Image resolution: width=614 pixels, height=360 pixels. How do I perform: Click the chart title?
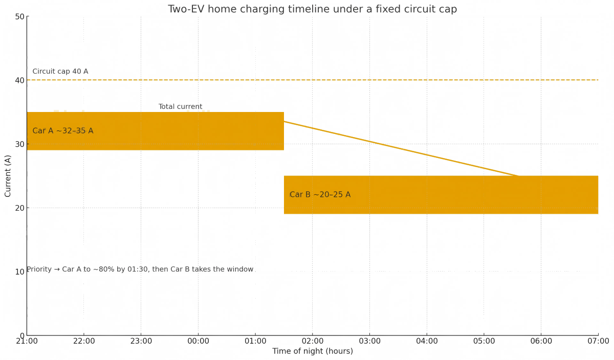312,9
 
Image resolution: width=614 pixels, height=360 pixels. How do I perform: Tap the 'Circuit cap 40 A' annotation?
60,72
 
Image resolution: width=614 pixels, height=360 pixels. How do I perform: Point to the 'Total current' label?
180,107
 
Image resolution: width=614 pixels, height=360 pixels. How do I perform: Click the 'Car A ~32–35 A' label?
63,131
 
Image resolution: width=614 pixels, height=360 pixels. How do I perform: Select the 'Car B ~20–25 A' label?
320,195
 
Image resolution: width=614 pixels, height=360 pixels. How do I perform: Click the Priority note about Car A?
140,269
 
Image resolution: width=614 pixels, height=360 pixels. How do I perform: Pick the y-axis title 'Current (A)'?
8,176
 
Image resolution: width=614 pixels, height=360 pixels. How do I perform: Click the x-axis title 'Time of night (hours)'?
313,351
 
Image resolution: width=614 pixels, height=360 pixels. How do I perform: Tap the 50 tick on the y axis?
20,16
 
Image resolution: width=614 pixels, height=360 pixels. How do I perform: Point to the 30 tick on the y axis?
20,144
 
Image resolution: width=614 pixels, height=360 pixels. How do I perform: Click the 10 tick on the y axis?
20,272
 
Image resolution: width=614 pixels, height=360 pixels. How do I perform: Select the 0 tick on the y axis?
22,335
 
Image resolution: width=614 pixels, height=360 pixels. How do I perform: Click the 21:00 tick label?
27,341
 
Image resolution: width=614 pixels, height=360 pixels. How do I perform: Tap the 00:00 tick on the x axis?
199,341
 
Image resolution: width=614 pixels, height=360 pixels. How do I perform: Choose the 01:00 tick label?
255,341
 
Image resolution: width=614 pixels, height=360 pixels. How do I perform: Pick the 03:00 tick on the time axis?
370,341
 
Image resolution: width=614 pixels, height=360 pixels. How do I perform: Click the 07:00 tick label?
598,341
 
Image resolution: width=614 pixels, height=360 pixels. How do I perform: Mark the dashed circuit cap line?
358,80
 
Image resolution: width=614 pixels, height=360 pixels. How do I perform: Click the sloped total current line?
399,149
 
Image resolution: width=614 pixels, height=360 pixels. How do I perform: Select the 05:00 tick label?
484,341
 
